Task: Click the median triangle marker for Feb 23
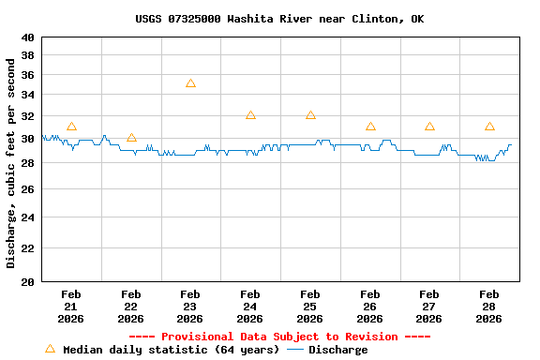point(190,83)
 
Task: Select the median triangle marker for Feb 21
point(71,127)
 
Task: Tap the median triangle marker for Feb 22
point(131,138)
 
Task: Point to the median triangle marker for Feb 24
point(250,115)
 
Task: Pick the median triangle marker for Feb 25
point(310,115)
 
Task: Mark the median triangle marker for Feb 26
point(370,127)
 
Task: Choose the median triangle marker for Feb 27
point(429,127)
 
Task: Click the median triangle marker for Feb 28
point(489,127)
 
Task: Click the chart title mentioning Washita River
point(278,19)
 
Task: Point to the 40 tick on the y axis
point(27,37)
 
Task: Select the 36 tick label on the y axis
point(27,74)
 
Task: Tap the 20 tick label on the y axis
point(27,281)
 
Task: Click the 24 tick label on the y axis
point(27,217)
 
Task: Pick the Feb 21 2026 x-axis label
point(71,307)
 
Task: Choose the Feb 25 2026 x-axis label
point(310,307)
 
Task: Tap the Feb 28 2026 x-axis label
point(489,307)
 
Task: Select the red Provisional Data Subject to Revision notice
point(278,337)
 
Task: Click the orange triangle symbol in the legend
point(51,349)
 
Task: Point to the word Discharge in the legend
point(337,350)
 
